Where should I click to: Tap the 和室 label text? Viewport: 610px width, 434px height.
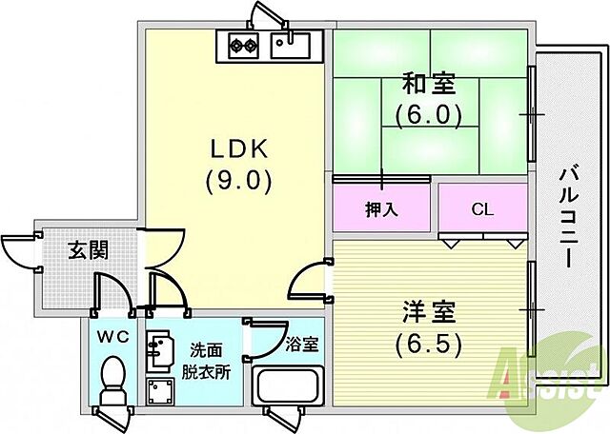tap(429, 85)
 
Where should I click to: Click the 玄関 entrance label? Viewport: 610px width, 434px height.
tap(87, 251)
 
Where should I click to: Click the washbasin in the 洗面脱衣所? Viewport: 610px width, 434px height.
tap(157, 351)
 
